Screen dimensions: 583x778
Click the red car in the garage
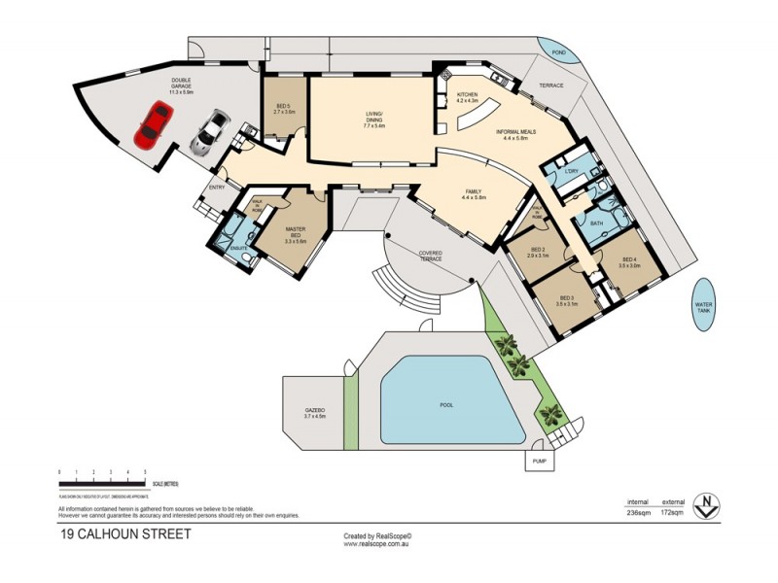[155, 124]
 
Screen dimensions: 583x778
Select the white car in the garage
[209, 133]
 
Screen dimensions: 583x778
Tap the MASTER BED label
[296, 233]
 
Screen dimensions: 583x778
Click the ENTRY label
[216, 188]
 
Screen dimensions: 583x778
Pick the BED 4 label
[629, 261]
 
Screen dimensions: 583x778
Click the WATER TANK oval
[703, 304]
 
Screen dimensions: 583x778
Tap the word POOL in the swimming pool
[446, 405]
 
